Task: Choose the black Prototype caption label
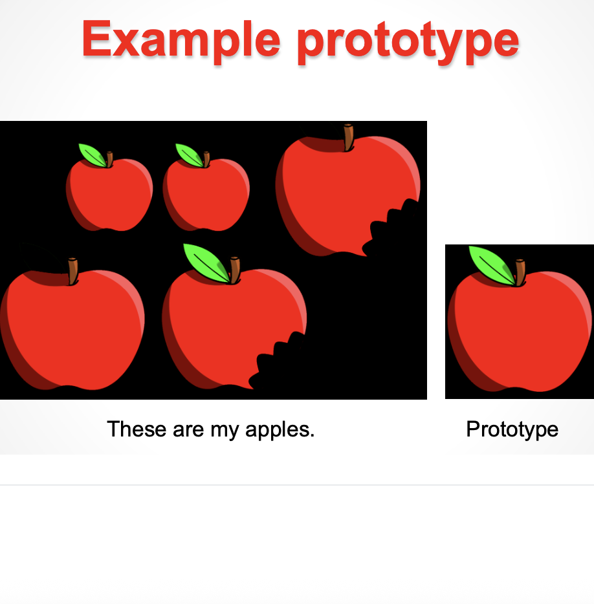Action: point(512,429)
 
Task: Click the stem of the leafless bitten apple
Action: point(349,137)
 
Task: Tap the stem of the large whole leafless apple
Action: point(72,271)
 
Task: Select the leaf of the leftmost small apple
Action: point(91,155)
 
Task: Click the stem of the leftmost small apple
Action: point(109,159)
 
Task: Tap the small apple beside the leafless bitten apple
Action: point(206,194)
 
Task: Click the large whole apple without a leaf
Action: point(71,330)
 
